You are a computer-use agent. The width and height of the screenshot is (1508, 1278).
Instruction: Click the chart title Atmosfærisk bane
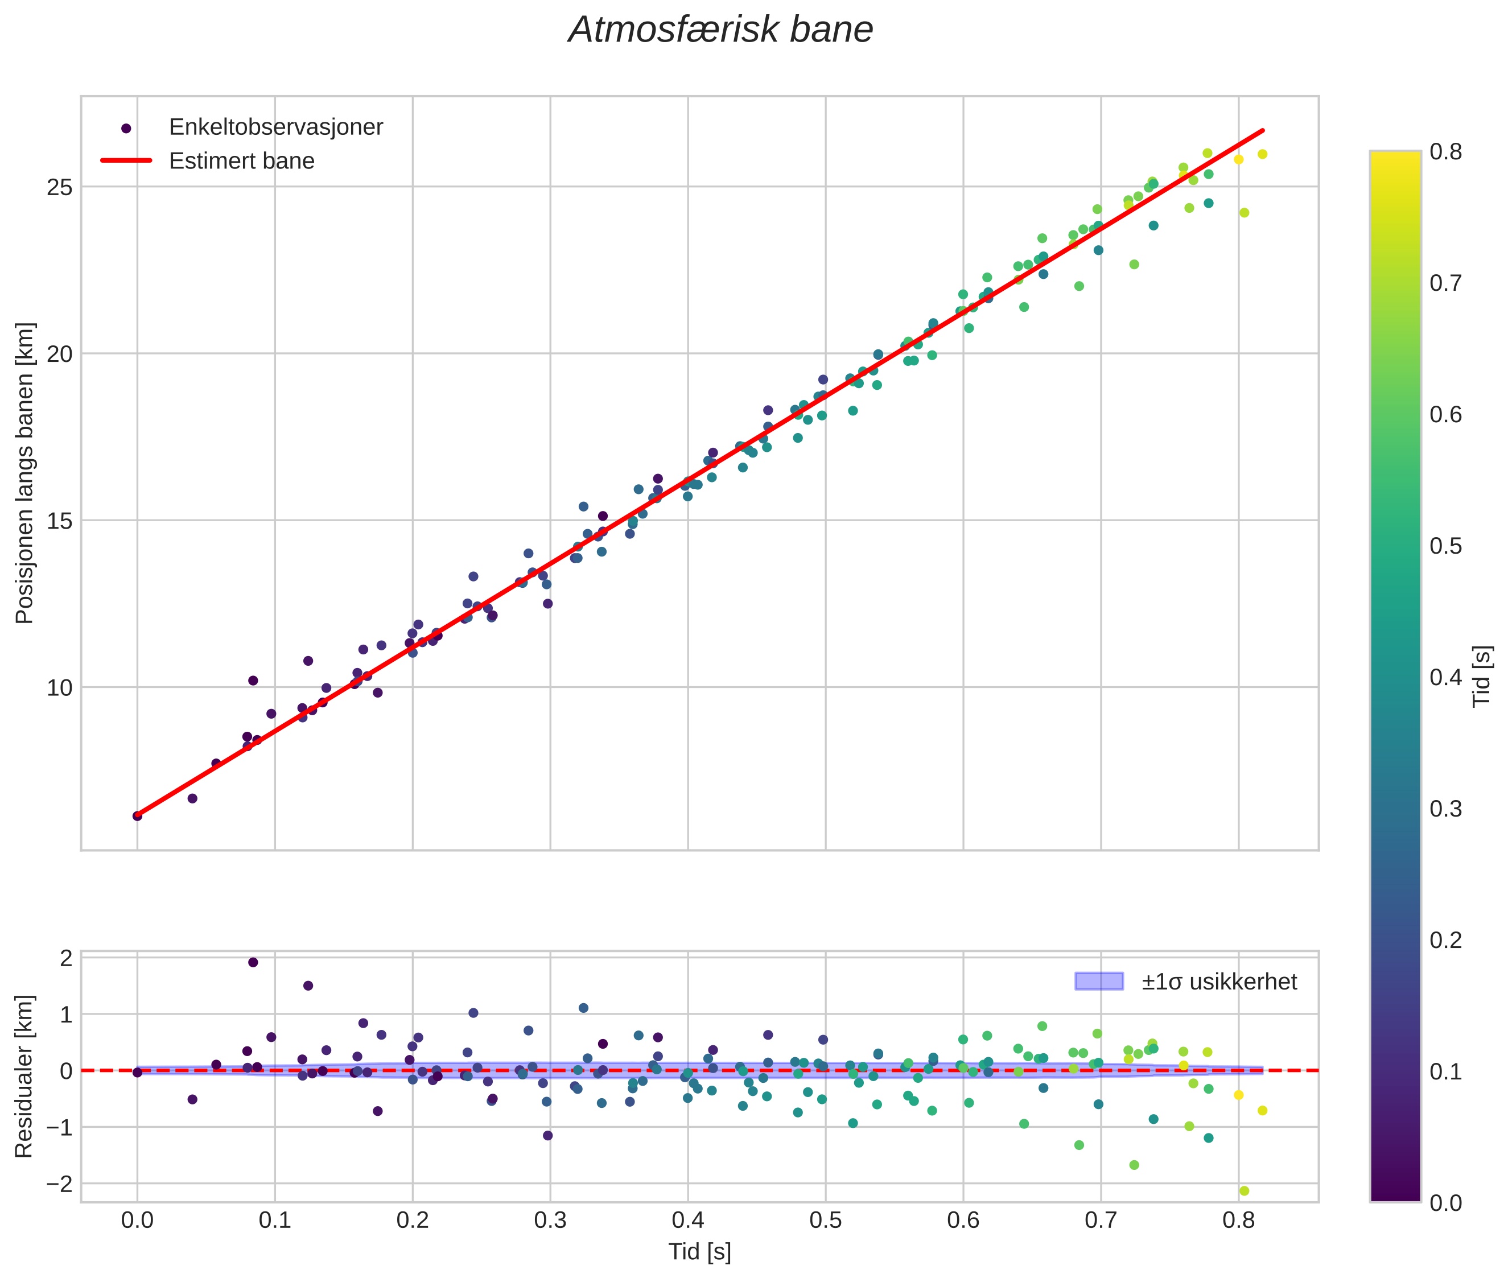pos(720,30)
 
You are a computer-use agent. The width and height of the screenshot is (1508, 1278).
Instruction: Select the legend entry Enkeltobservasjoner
pos(275,127)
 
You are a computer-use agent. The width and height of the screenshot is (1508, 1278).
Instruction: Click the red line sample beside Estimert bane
pos(126,161)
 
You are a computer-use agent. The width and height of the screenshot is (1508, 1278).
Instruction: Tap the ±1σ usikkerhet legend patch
pos(1099,982)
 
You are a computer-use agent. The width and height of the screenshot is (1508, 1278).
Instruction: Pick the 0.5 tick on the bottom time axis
pos(825,1221)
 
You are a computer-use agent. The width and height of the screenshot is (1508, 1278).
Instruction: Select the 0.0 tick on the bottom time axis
pos(137,1221)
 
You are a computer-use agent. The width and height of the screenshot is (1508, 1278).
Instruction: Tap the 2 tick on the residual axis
pos(67,958)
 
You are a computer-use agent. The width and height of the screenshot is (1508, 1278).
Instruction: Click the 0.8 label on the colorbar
pos(1445,151)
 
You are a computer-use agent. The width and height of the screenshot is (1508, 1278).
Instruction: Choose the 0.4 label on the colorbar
pos(1445,677)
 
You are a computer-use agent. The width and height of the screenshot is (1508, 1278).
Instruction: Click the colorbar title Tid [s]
pos(1482,676)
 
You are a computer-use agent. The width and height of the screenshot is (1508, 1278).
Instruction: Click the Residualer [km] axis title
pos(24,1077)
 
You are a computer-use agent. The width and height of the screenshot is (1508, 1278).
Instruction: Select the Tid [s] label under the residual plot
pos(699,1252)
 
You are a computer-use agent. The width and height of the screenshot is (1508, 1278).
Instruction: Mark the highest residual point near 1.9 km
pos(253,962)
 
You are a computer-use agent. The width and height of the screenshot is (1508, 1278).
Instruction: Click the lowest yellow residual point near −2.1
pos(1244,1190)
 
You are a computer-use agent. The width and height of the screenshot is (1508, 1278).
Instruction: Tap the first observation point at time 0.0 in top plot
pos(137,816)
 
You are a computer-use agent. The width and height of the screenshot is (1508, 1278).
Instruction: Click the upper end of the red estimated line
pos(1263,130)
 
